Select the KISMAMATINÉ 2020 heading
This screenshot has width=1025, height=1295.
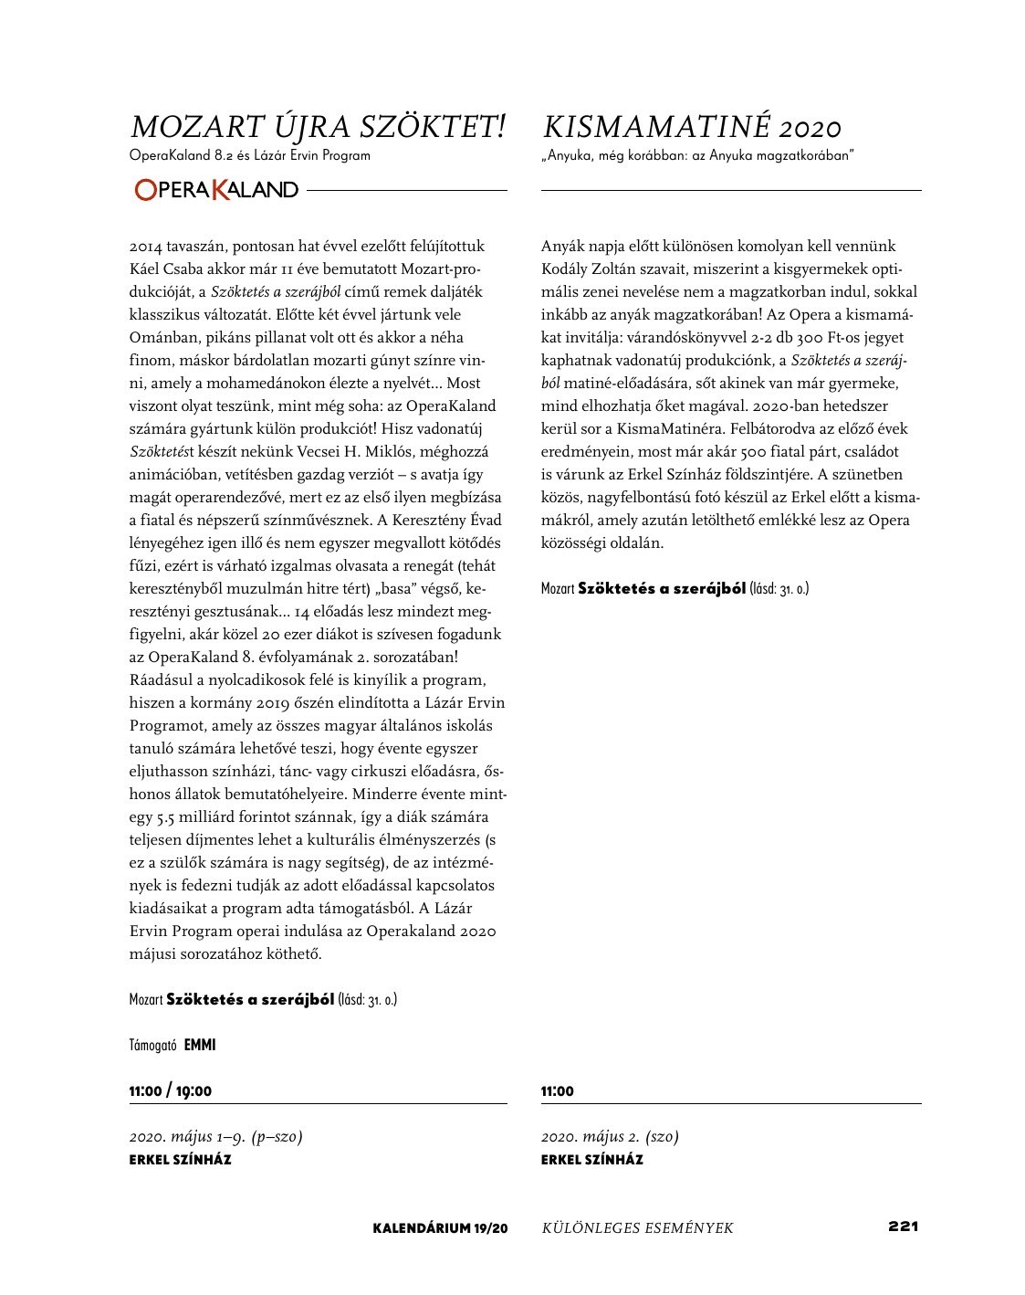(691, 128)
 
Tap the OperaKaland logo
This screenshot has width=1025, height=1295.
(215, 190)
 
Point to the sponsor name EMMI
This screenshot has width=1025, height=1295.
(200, 1045)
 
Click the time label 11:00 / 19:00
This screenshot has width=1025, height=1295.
(171, 1091)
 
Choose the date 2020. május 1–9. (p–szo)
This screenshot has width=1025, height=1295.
(215, 1137)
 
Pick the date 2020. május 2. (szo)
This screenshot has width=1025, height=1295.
(610, 1137)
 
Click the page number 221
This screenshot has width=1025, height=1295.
(902, 1227)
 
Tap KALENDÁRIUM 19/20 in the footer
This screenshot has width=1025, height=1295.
(440, 1228)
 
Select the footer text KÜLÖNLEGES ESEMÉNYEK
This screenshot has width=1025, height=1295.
(637, 1228)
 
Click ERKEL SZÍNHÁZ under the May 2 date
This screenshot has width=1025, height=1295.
(591, 1160)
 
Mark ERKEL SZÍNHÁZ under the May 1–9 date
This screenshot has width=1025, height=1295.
(180, 1160)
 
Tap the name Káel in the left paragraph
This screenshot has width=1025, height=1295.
(147, 269)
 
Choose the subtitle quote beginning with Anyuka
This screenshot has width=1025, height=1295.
(696, 155)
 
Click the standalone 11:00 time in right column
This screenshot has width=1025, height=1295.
(558, 1091)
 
